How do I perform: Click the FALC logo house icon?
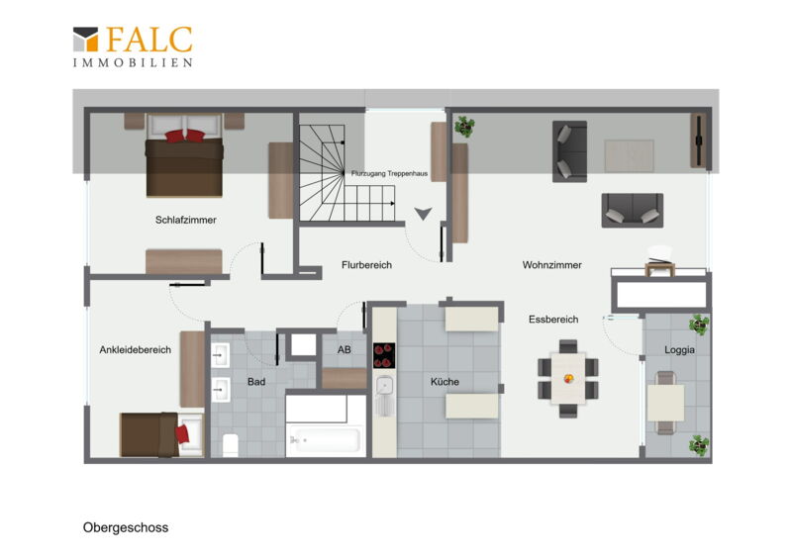coord(85,39)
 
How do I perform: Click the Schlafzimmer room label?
coord(186,220)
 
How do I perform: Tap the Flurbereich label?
coord(366,264)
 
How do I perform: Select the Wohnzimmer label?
coord(552,264)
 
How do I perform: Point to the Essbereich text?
coord(553,320)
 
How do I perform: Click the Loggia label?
coord(679,349)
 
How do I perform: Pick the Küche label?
coord(445,382)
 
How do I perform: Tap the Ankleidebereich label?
coord(135,349)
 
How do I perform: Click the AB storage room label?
coord(345,349)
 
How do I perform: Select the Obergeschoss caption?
coord(126,527)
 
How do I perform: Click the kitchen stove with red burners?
coord(384,355)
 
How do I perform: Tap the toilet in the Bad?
coord(231,444)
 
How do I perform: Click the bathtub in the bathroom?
coord(326,439)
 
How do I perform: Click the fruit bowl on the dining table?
coord(568,378)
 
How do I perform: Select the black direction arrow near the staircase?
coord(424,214)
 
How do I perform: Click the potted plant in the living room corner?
coord(463,127)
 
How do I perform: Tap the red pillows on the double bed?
coord(185,136)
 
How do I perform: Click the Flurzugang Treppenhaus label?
coord(389,173)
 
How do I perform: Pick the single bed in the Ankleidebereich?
coord(161,434)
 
